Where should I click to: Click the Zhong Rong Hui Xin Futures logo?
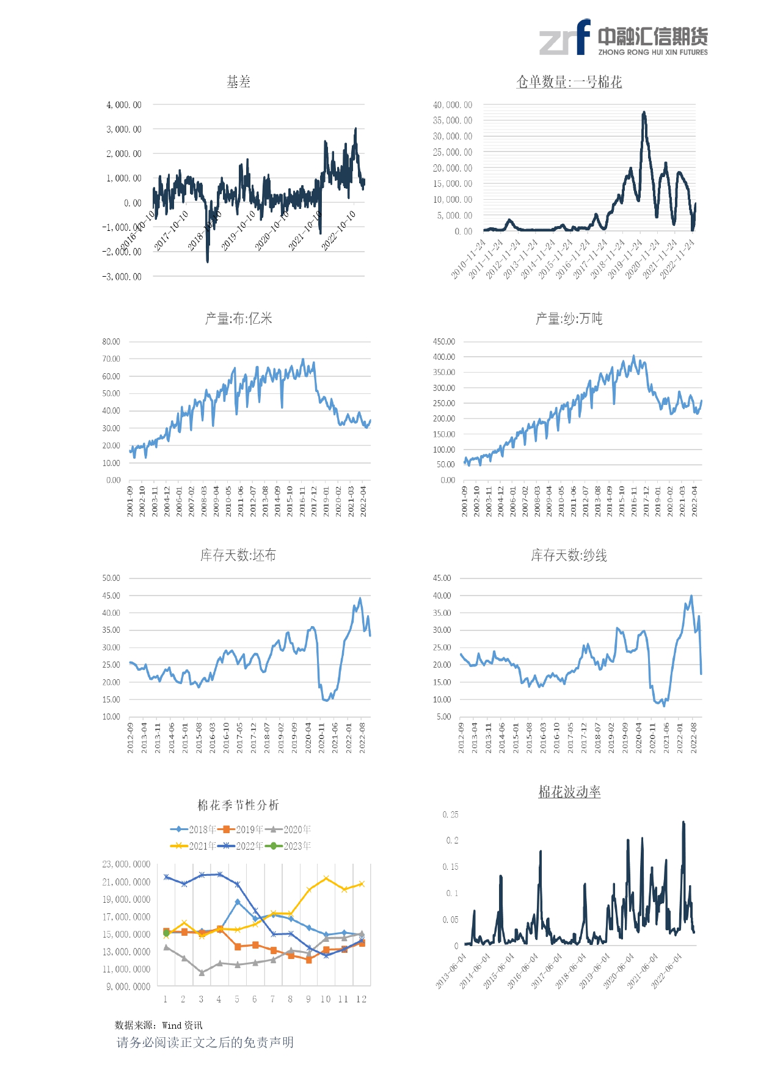click(x=624, y=38)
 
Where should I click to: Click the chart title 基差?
click(x=238, y=82)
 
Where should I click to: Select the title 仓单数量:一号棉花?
click(x=569, y=82)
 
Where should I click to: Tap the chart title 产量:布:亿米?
click(x=238, y=318)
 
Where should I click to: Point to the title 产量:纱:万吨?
click(x=569, y=318)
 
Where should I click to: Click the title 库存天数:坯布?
click(x=238, y=555)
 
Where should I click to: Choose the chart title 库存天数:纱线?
click(x=569, y=555)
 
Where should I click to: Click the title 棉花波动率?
click(x=569, y=792)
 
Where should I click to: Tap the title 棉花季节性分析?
click(x=238, y=805)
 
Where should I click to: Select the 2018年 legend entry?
click(x=194, y=829)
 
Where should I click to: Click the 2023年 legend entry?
click(x=288, y=846)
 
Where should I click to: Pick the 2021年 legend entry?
click(x=194, y=846)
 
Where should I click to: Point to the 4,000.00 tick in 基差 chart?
click(x=124, y=105)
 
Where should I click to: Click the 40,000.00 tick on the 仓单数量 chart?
click(x=453, y=105)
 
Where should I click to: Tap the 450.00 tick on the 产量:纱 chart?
click(x=444, y=341)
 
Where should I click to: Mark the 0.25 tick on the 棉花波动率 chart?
click(x=450, y=815)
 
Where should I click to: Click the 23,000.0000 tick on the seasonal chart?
click(x=126, y=864)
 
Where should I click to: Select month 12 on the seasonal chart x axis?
click(x=362, y=999)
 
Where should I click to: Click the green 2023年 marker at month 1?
click(x=166, y=933)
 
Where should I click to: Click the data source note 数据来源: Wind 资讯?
click(x=158, y=1025)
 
